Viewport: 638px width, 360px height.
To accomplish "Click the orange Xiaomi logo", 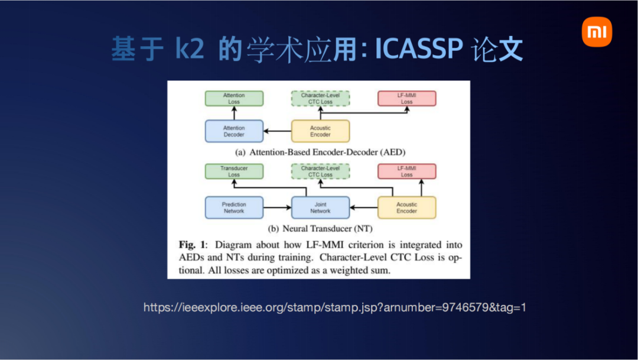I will pos(597,32).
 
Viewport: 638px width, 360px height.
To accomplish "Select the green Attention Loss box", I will pos(234,99).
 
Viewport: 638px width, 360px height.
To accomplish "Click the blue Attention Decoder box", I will pos(234,131).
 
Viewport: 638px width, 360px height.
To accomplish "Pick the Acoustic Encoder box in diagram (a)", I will pos(320,131).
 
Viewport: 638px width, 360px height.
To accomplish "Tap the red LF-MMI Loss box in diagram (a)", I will pos(406,99).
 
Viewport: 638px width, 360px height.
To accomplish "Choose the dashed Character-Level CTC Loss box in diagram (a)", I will pos(320,99).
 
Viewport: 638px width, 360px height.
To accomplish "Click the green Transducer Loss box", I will pos(234,171).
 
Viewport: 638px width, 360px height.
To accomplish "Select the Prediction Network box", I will pos(234,207).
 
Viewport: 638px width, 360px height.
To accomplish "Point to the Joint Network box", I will pos(320,207).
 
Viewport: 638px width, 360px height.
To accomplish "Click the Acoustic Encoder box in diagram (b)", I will pos(406,207).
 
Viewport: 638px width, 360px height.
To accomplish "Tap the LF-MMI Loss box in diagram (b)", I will pos(406,171).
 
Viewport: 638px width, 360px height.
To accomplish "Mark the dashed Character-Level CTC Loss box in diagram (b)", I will pos(320,171).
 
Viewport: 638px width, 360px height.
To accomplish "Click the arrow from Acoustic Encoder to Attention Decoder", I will pos(277,131).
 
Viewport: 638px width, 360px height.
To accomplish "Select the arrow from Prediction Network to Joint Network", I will pos(277,207).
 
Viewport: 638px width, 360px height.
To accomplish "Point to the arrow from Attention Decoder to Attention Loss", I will pos(234,113).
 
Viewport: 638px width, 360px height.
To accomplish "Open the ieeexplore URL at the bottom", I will pos(334,307).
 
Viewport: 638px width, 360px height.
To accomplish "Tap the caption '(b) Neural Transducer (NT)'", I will pos(320,228).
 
